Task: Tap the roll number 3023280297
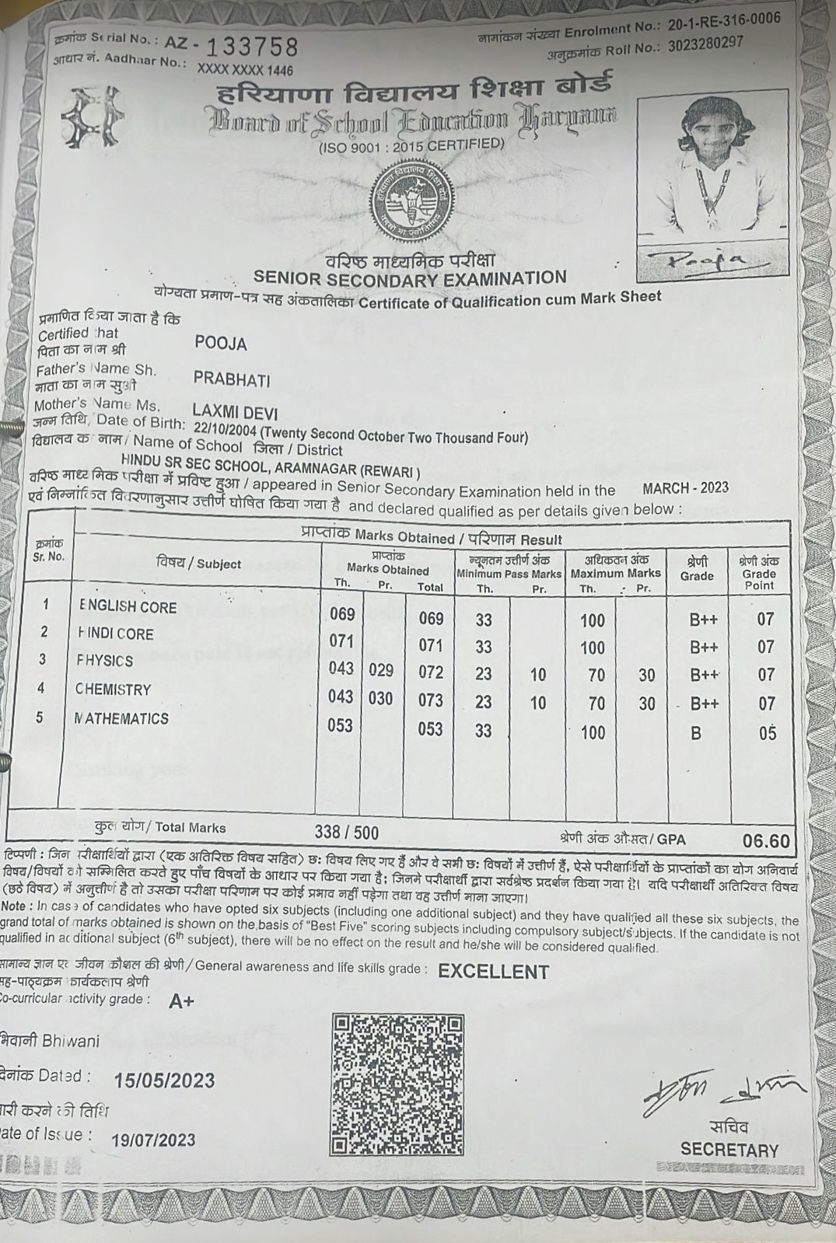pyautogui.click(x=705, y=44)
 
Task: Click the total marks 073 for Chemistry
pyautogui.click(x=430, y=700)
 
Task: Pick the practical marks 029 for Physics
pyautogui.click(x=380, y=670)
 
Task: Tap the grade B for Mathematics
pyautogui.click(x=696, y=733)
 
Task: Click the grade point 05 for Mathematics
pyautogui.click(x=767, y=733)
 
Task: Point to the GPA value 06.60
pyautogui.click(x=766, y=840)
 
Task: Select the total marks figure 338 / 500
pyautogui.click(x=347, y=832)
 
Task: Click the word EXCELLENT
pyautogui.click(x=493, y=972)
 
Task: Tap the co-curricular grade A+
pyautogui.click(x=182, y=1001)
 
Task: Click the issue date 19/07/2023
pyautogui.click(x=154, y=1140)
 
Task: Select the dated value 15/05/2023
pyautogui.click(x=164, y=1081)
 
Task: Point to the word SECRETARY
pyautogui.click(x=729, y=1150)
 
